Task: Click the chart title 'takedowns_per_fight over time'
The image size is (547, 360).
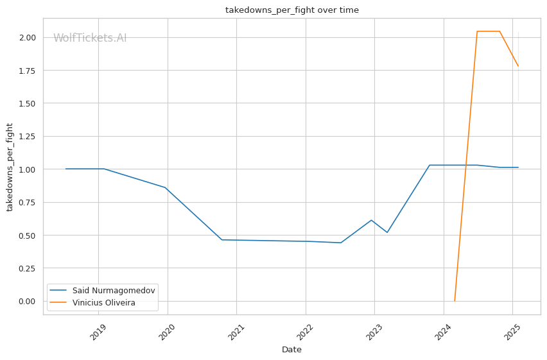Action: [291, 10]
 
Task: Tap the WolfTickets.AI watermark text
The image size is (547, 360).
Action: [90, 38]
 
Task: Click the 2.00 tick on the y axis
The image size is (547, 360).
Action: [28, 37]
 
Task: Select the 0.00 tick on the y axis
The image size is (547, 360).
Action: [28, 301]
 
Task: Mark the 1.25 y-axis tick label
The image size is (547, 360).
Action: [28, 136]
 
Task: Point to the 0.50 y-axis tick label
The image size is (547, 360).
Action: [28, 235]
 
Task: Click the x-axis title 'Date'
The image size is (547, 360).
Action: [291, 350]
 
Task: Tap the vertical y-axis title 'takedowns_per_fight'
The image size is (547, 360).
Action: [10, 167]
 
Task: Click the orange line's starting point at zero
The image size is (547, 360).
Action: [455, 301]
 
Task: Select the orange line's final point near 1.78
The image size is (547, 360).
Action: [518, 66]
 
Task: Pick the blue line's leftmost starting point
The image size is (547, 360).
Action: [65, 169]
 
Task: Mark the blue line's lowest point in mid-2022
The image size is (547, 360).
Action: [340, 243]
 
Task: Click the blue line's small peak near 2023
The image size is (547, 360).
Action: [372, 220]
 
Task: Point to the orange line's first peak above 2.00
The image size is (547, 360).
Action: [477, 31]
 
